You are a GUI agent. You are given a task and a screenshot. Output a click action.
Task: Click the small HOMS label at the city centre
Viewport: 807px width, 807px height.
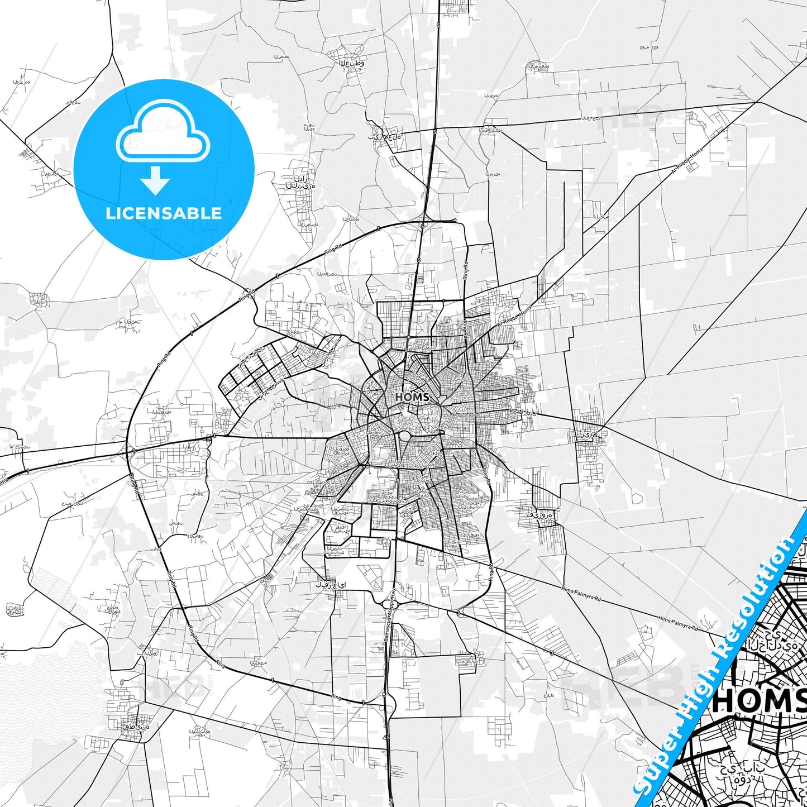(x=412, y=397)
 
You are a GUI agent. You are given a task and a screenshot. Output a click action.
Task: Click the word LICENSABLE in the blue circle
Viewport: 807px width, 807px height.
(x=164, y=213)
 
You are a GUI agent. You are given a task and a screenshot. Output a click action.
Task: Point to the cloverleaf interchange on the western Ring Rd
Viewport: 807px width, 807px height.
(x=129, y=450)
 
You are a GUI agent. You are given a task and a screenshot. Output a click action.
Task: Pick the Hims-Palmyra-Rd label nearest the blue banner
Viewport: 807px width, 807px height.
(x=678, y=623)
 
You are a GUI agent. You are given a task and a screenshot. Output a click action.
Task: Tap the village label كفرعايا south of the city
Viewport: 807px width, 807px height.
(x=331, y=585)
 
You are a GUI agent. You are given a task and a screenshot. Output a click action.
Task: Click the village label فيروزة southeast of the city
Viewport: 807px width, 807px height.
(x=540, y=514)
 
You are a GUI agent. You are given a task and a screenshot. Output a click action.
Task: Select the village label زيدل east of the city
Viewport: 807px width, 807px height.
(x=589, y=433)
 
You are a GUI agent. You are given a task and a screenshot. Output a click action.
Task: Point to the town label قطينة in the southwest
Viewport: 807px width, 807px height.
(x=136, y=727)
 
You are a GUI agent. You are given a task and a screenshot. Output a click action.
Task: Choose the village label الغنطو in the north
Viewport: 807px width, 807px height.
(x=352, y=63)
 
